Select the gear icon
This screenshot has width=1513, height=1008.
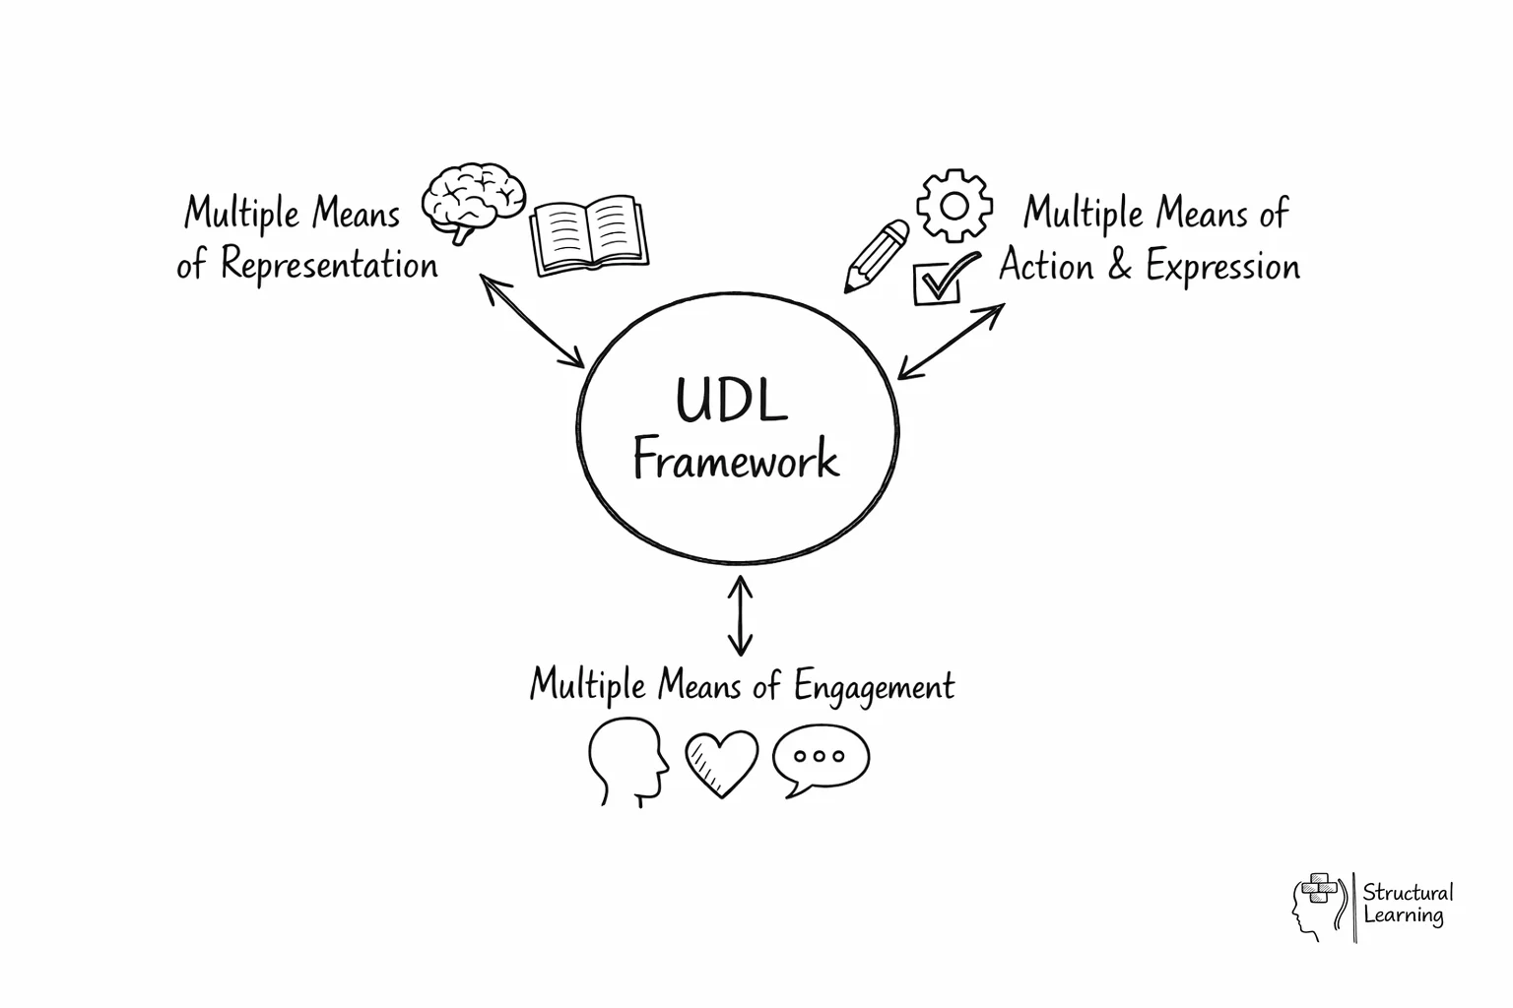(x=954, y=206)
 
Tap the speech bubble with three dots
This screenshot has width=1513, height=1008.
(x=821, y=759)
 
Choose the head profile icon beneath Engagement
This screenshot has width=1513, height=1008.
(x=627, y=760)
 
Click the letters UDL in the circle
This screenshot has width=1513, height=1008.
(x=731, y=399)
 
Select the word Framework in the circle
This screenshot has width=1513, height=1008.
(x=735, y=461)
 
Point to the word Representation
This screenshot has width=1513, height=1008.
(x=329, y=265)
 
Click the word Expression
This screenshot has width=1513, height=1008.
(x=1222, y=267)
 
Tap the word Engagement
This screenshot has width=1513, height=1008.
(x=874, y=685)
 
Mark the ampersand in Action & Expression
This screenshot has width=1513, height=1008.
(x=1119, y=266)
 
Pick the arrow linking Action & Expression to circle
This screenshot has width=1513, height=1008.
(x=951, y=341)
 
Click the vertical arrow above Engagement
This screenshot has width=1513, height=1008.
(x=740, y=616)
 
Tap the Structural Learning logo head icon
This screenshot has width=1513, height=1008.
(x=1318, y=905)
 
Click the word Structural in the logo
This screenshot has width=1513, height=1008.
(x=1408, y=893)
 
